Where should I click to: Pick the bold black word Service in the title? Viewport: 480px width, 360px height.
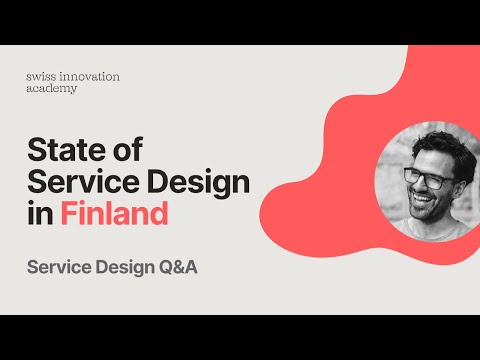click(80, 183)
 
